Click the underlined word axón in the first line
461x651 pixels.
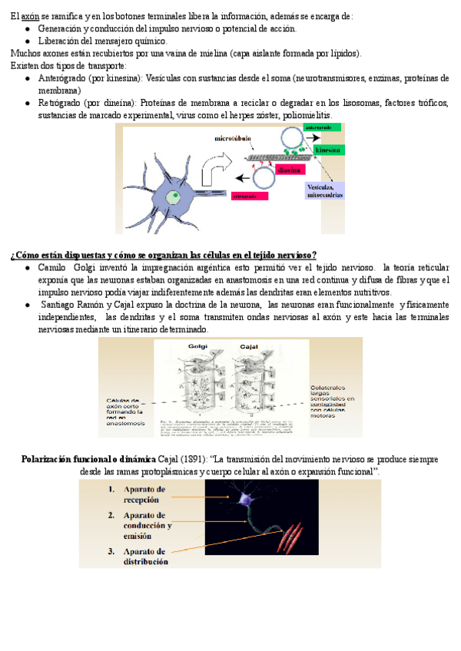tap(30, 16)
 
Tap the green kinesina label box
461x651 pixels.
tap(323, 150)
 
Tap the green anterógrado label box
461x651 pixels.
tap(318, 127)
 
